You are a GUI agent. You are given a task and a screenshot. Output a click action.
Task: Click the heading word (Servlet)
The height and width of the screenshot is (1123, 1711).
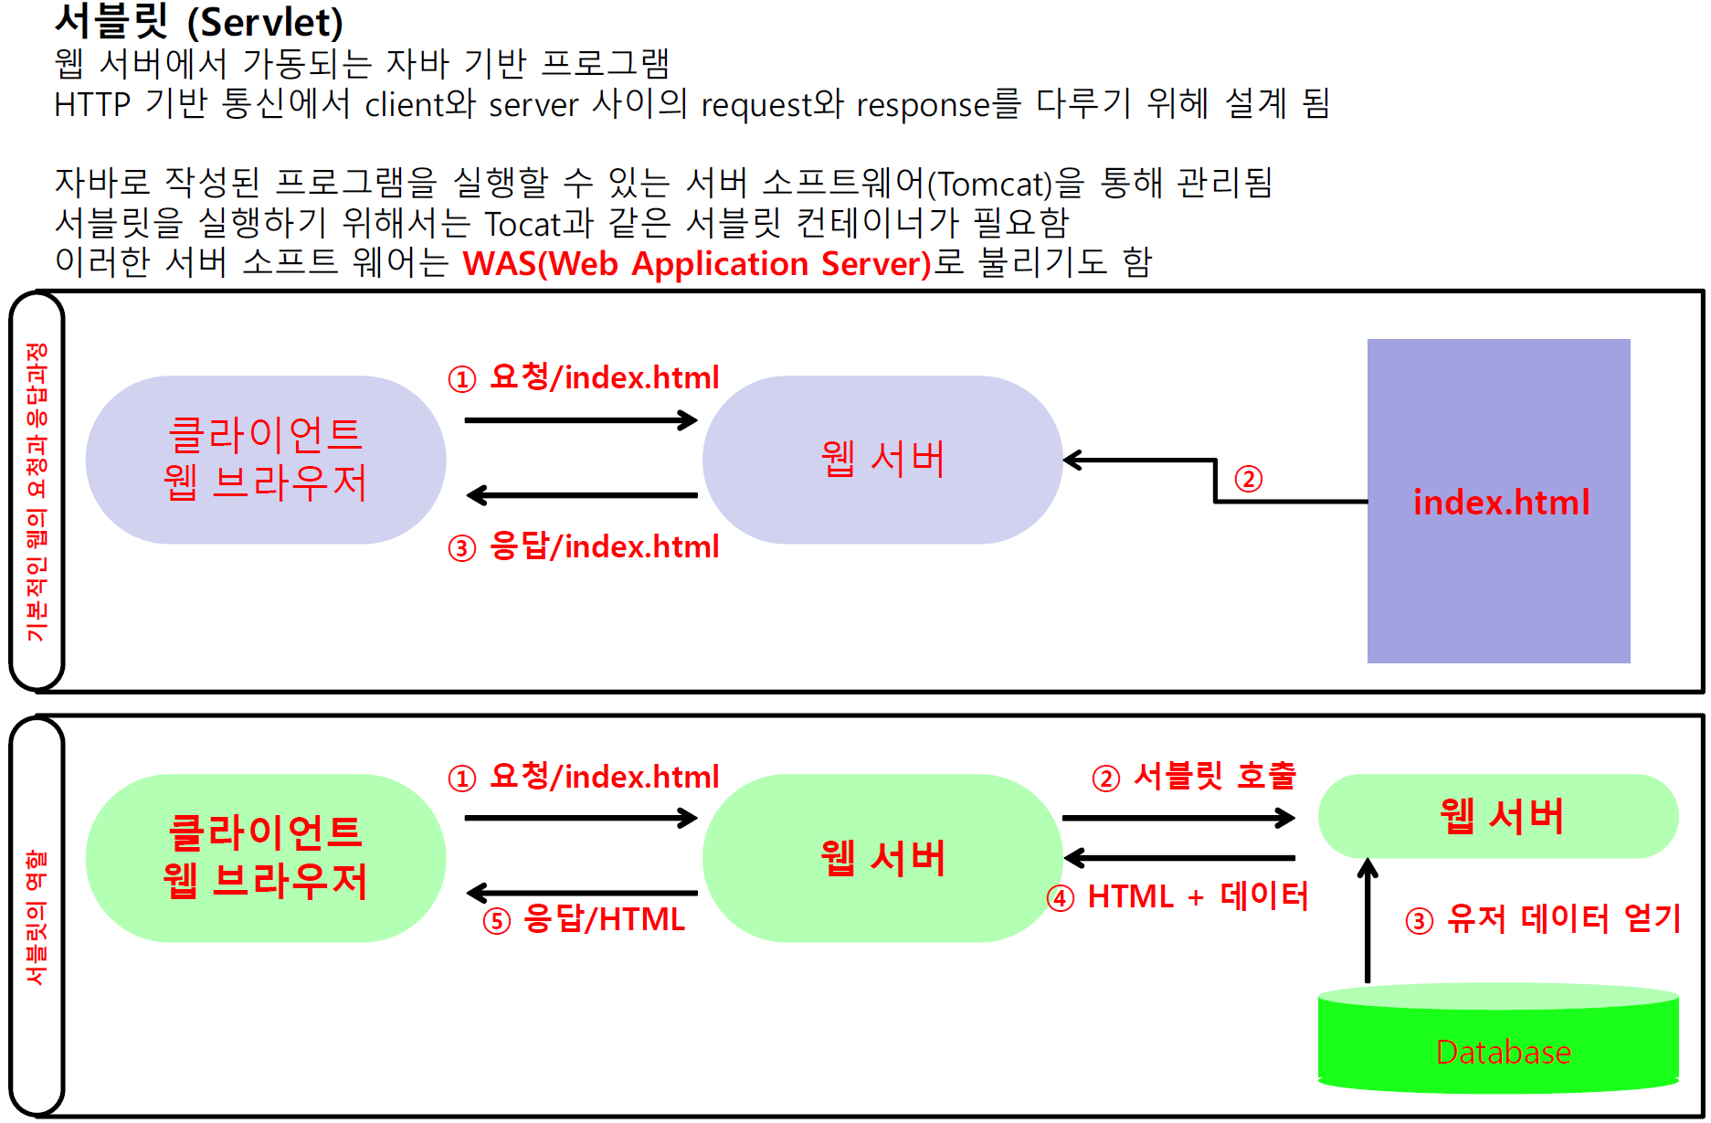coord(265,22)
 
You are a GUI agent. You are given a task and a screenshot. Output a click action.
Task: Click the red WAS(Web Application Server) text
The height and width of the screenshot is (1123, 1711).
coord(697,263)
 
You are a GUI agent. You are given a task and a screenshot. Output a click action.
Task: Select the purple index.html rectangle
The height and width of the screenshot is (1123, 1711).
coord(1498,501)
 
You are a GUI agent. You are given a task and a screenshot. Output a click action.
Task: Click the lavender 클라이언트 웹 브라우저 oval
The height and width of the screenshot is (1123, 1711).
coord(266,460)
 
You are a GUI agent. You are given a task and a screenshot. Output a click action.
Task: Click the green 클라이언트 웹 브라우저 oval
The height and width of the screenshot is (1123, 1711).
coord(266,858)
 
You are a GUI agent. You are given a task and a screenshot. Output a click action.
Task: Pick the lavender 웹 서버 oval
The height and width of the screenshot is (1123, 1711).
coord(882,460)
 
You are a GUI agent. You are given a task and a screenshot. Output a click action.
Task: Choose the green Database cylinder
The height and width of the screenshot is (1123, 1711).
coord(1498,1039)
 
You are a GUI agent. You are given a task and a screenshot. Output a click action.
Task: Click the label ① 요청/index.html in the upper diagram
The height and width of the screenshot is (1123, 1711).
coord(584,377)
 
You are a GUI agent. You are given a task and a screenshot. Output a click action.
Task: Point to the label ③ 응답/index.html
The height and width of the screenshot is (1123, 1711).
coord(584,546)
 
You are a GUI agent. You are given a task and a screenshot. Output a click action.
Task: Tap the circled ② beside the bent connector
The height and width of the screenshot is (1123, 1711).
coord(1248,479)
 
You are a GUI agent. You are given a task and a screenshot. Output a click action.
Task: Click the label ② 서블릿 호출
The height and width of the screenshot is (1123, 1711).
coord(1194,776)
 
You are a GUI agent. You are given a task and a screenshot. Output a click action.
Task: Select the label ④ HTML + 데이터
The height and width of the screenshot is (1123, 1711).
coord(1178,896)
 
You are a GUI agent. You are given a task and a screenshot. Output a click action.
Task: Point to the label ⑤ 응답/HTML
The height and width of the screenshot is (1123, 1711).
coord(584,919)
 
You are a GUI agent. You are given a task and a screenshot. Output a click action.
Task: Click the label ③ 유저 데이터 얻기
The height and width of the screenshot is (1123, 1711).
coord(1543,918)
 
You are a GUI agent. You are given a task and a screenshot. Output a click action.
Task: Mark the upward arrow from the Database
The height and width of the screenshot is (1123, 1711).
coord(1368,920)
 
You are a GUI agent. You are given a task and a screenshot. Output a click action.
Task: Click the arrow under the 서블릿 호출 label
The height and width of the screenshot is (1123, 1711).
coord(1179,817)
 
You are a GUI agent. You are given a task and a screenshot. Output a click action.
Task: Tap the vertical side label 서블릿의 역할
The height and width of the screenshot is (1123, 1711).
coord(37,917)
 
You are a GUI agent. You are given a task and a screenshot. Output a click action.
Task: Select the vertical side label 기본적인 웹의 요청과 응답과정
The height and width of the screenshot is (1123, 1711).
coord(37,493)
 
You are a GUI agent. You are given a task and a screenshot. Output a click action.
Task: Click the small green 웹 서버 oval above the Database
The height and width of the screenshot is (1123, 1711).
coord(1498,816)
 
